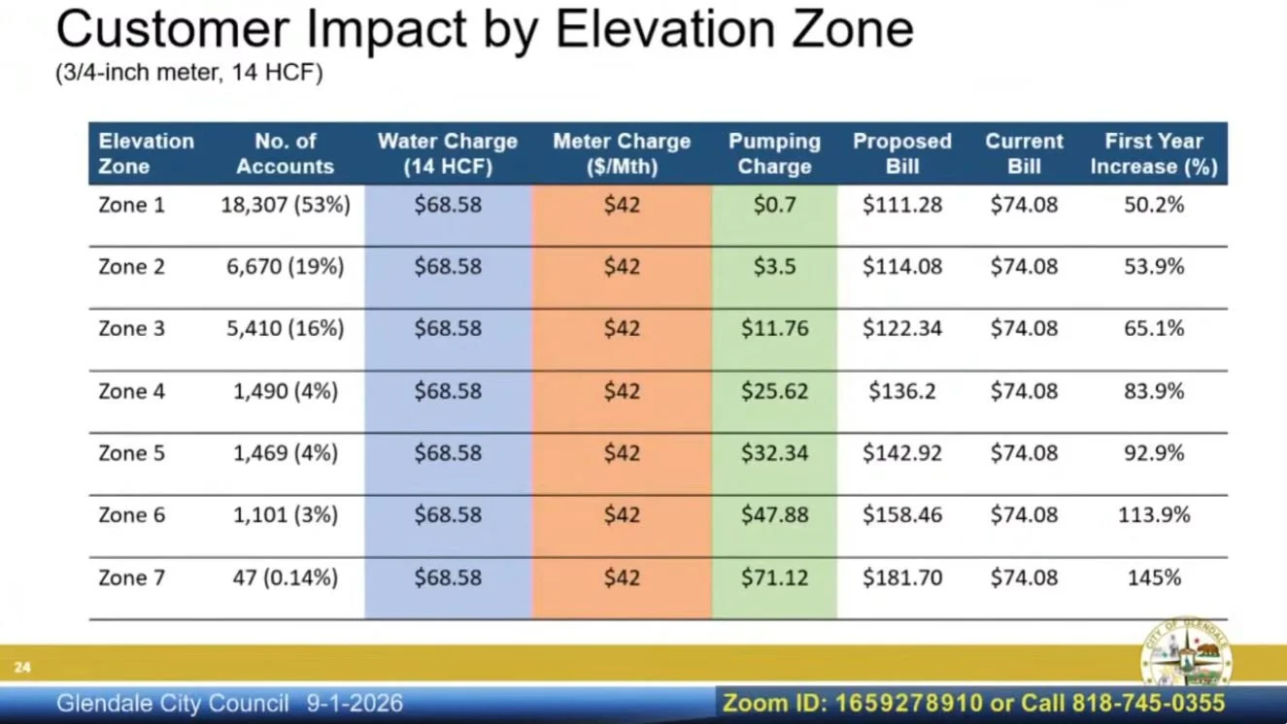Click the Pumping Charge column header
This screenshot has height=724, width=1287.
coord(774,153)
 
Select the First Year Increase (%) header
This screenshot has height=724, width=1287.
coord(1154,153)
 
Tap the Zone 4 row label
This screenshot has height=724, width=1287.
coord(131,391)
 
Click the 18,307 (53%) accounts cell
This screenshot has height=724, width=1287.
coord(286,205)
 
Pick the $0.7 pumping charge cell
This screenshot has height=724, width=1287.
coord(774,205)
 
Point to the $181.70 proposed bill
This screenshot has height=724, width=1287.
coord(902,577)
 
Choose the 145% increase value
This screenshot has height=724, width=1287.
coord(1154,577)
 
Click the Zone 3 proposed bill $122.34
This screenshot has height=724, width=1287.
coord(902,328)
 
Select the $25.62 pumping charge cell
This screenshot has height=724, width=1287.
coord(774,391)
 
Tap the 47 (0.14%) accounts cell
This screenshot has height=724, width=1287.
coord(286,577)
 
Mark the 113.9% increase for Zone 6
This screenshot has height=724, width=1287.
coord(1154,515)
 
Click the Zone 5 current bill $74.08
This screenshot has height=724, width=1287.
coord(1024,453)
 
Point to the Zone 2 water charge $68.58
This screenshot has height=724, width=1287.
coord(448,266)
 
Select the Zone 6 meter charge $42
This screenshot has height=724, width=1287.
coord(622,515)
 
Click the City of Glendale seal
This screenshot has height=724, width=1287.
coord(1186,653)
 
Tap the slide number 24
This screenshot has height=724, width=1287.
coord(22,667)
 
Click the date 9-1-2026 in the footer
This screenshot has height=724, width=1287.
coord(355,704)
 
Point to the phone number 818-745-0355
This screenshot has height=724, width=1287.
coord(1148,704)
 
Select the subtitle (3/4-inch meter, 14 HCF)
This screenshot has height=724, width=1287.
coord(189,73)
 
